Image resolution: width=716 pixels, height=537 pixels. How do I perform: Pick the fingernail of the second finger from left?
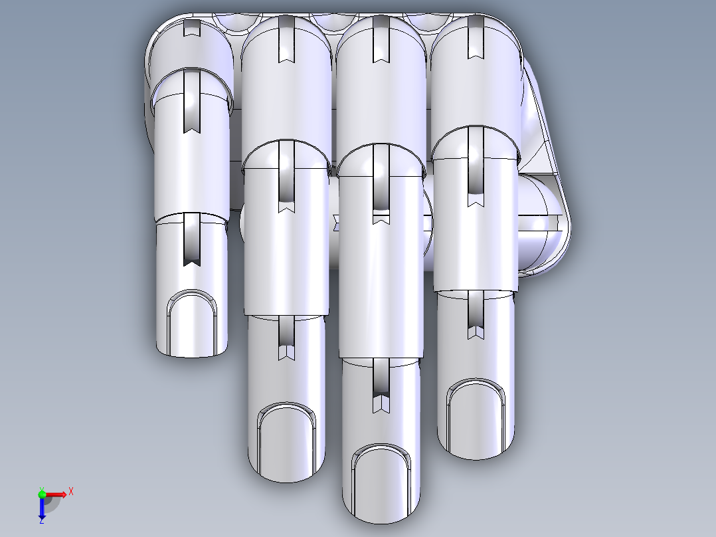point(286,439)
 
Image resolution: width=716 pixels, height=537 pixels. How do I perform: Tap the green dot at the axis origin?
point(42,493)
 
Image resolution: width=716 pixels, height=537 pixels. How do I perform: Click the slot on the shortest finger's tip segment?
point(191,239)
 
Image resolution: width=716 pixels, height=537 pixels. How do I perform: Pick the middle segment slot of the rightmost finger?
point(476,166)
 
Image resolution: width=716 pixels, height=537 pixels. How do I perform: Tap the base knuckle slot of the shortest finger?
point(191,28)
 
